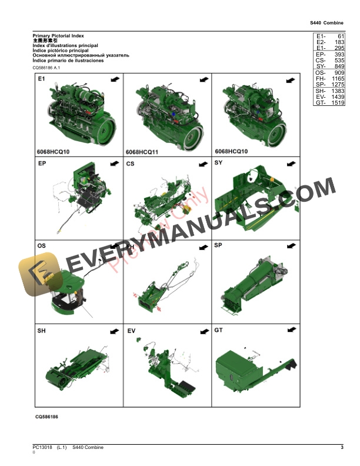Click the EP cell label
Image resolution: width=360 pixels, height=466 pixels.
42,162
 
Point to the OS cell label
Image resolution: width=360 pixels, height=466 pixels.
42,245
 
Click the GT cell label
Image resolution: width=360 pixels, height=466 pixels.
219,331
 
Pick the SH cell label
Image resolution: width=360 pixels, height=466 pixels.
42,331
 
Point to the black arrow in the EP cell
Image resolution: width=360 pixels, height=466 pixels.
114,163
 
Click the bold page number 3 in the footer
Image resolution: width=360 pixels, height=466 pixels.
342,448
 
